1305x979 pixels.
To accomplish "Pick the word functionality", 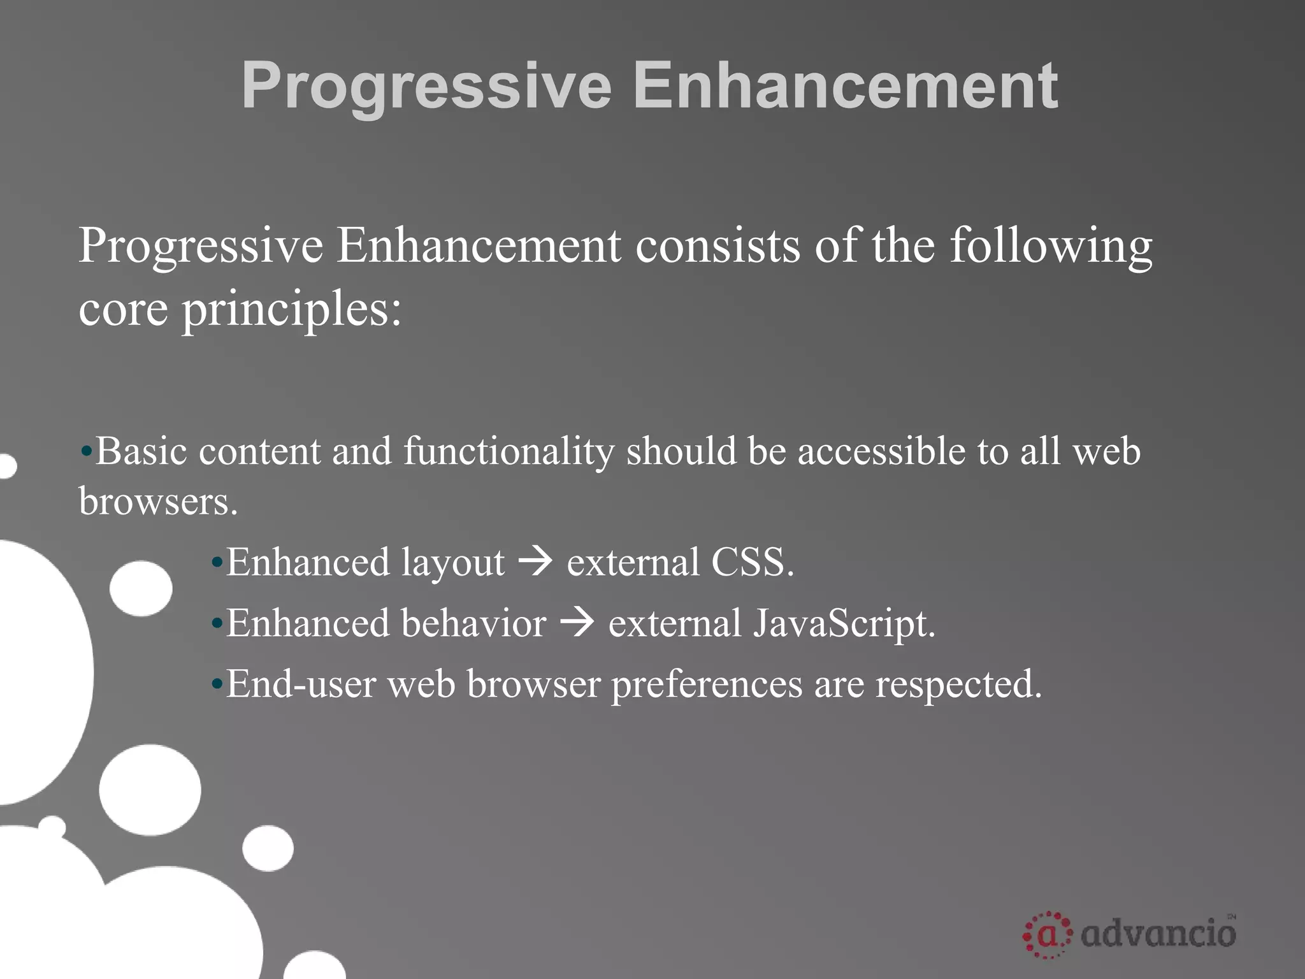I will [508, 451].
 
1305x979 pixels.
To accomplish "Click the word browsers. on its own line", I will [158, 501].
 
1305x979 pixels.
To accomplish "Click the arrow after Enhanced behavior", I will [577, 623].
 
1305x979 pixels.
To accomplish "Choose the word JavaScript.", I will [844, 623].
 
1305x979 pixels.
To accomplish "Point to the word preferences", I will [706, 684].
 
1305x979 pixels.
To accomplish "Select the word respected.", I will [958, 684].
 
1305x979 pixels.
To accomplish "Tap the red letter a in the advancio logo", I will [1047, 935].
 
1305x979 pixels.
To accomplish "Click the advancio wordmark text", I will [1158, 934].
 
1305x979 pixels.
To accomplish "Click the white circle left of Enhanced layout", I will [141, 588].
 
